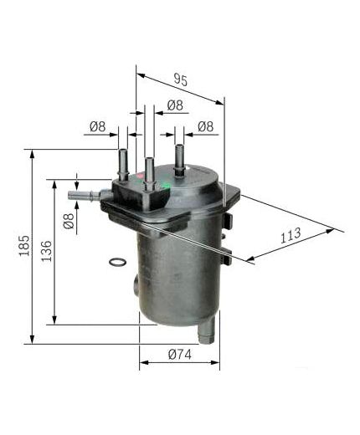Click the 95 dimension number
point(180,80)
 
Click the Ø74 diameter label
point(179,355)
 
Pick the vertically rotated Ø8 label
point(69,221)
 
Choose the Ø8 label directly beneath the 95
point(175,105)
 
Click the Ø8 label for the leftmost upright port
point(97,127)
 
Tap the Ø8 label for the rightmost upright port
point(205,127)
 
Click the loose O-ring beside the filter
point(119,264)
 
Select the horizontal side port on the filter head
point(82,195)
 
